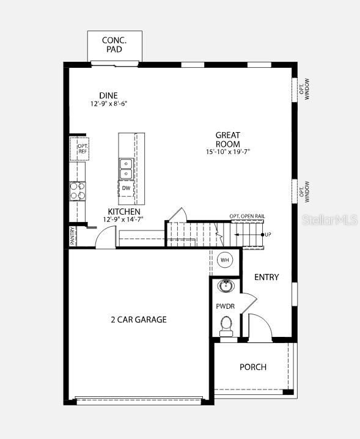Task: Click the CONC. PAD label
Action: coord(114,44)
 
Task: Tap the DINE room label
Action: coord(108,95)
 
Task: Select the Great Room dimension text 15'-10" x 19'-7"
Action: coord(227,152)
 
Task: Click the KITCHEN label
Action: coord(124,212)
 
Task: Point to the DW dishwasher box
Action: coord(126,188)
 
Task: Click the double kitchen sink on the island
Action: coord(126,168)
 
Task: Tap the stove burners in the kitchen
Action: coord(78,191)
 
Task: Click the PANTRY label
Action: coord(72,236)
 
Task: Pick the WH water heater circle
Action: coord(224,259)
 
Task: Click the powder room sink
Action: coord(226,286)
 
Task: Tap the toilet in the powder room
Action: coord(226,324)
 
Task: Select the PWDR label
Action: coord(226,306)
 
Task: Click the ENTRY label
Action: coord(266,277)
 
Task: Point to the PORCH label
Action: coord(252,367)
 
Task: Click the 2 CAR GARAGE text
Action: coord(139,319)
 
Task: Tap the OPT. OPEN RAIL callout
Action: coord(247,216)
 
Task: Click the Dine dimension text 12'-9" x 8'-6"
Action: coord(108,104)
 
